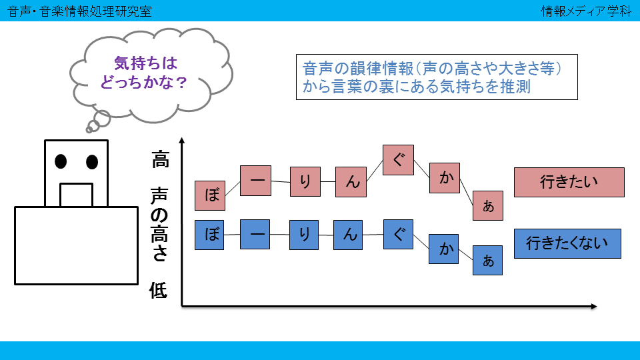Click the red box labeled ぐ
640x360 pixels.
399,160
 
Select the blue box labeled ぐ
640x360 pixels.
399,234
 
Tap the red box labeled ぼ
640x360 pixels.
210,195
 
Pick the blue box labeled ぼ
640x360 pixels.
209,235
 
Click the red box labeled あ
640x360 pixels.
488,206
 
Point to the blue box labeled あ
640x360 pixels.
488,261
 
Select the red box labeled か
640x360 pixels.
445,178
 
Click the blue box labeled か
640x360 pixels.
444,249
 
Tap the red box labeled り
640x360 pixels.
305,181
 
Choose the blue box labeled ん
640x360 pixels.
348,235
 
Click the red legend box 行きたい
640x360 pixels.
569,182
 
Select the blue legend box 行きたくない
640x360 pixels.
567,244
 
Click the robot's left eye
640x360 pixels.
61,161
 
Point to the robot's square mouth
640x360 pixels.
76,195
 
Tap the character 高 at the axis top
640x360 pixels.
161,159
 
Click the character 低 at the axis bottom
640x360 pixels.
159,290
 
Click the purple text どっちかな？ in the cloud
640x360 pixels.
144,83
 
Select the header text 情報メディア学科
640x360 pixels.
586,11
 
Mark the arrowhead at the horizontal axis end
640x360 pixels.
594,306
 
